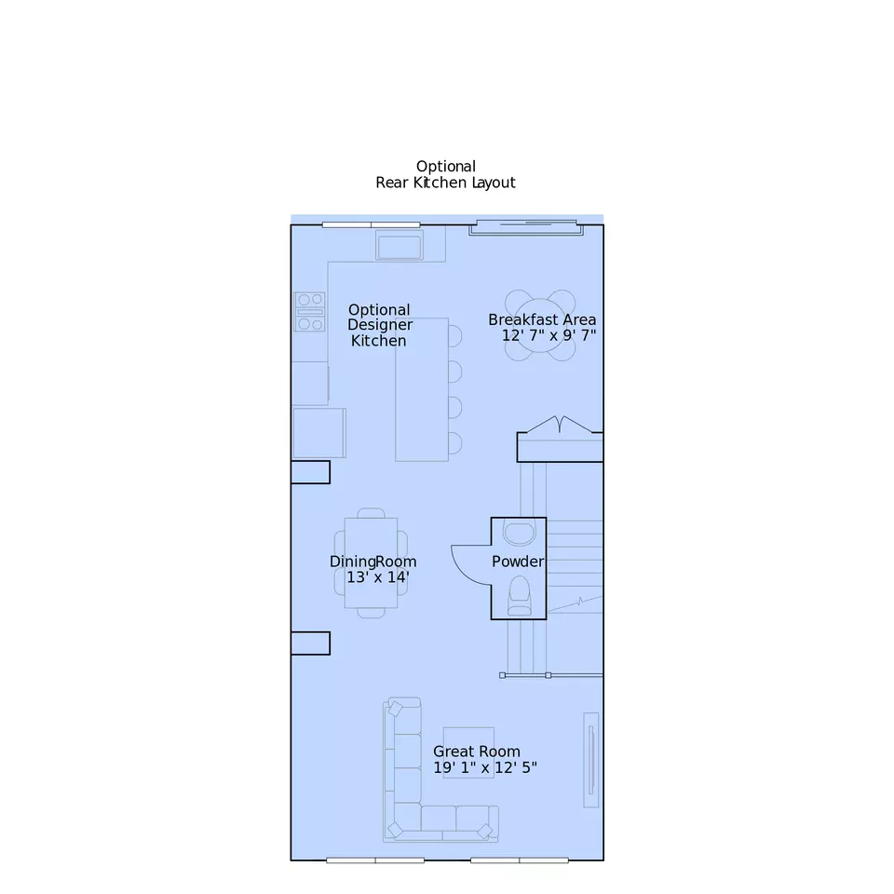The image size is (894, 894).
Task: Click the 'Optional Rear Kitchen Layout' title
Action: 445,174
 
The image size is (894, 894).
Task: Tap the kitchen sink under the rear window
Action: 400,247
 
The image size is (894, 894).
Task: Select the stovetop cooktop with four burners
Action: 309,311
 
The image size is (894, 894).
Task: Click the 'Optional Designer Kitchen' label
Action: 380,325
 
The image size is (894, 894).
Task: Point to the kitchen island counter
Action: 422,389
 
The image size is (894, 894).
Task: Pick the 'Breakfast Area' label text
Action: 542,319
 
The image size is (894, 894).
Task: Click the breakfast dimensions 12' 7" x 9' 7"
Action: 549,335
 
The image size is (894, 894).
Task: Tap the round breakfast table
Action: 540,325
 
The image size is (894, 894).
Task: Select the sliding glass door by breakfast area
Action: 525,227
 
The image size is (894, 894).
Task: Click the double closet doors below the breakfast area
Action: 560,426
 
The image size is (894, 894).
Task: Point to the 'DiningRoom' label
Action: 372,562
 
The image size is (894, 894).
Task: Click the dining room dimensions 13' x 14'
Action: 378,577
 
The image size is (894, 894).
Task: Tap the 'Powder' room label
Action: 518,562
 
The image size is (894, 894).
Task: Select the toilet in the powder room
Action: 520,596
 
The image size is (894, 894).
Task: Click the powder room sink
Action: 520,533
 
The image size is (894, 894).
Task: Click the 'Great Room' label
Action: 477,752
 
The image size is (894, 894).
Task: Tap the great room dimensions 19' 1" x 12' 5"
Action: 484,767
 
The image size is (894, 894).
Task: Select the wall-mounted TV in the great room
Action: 591,760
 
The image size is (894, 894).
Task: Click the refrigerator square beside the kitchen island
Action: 319,433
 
